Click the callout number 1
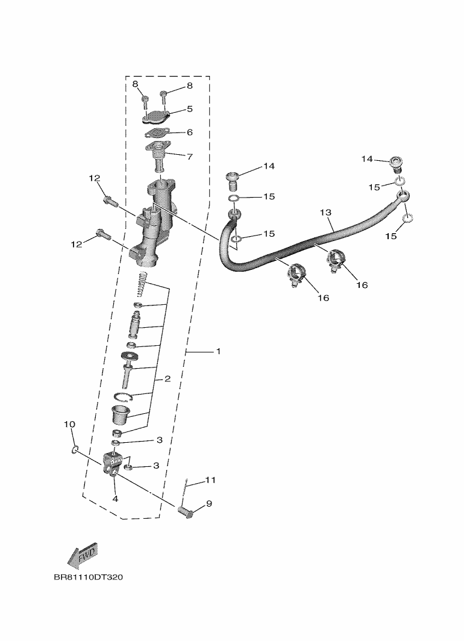tap(218, 351)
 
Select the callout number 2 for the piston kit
tap(168, 379)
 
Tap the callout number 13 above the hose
tap(326, 213)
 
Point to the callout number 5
tap(189, 109)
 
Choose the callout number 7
tap(189, 157)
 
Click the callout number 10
tap(69, 425)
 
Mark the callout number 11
tap(210, 480)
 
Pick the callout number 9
tap(209, 503)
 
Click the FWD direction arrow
tap(82, 555)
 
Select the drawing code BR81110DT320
tap(88, 577)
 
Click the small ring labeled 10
tap(75, 449)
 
